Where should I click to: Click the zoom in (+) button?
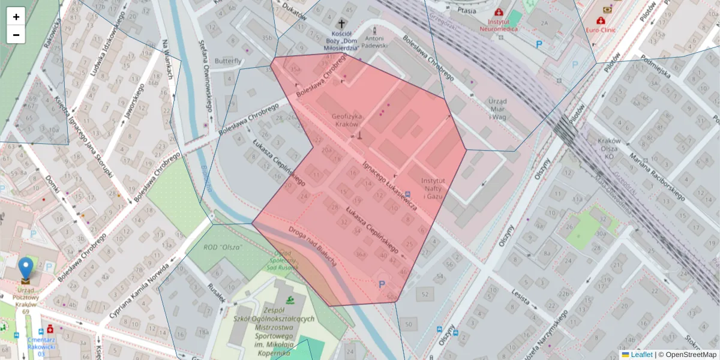click(x=16, y=17)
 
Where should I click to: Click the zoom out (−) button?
click(x=16, y=35)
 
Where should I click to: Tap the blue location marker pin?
click(x=26, y=269)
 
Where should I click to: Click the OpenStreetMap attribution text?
click(x=687, y=355)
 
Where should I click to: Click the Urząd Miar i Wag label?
click(x=498, y=109)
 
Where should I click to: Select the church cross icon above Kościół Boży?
click(x=342, y=23)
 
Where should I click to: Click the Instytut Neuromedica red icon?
click(x=499, y=12)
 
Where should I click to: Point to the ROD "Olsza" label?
click(x=222, y=247)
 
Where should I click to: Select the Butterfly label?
click(x=228, y=61)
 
